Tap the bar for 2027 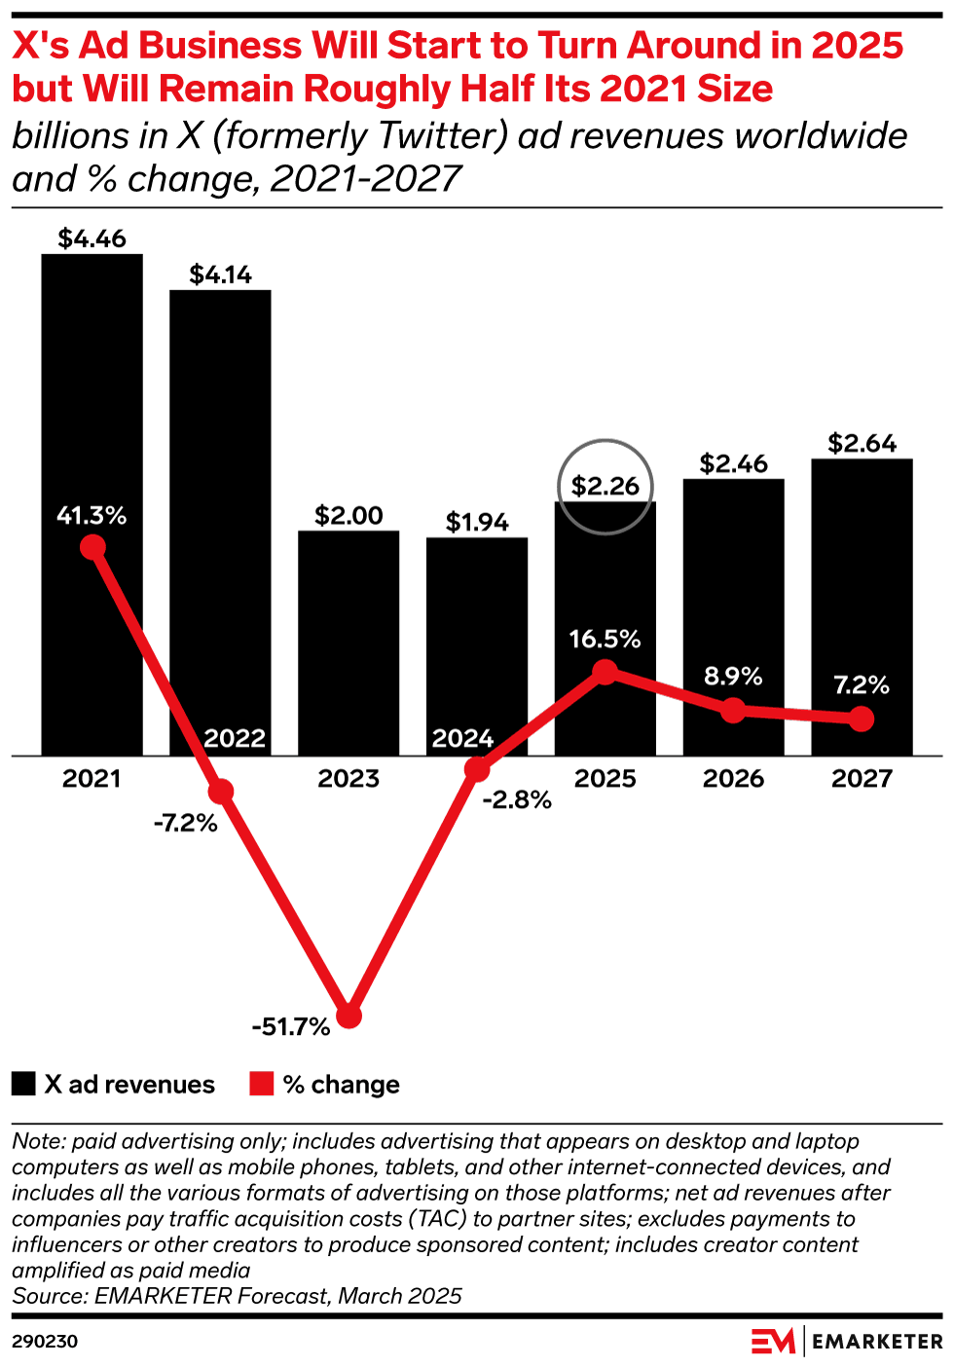[862, 584]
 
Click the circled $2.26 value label [605, 486]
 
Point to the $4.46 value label [92, 239]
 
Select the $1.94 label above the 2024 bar [477, 523]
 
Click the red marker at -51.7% [349, 1016]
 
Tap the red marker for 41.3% [92, 547]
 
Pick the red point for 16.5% [605, 672]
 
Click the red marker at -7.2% [221, 791]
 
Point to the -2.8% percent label [517, 800]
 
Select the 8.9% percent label [733, 677]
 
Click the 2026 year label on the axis [733, 779]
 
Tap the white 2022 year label [235, 738]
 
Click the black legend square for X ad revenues [23, 1084]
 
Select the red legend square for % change [261, 1084]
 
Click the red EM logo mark [773, 1341]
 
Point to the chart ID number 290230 [45, 1342]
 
